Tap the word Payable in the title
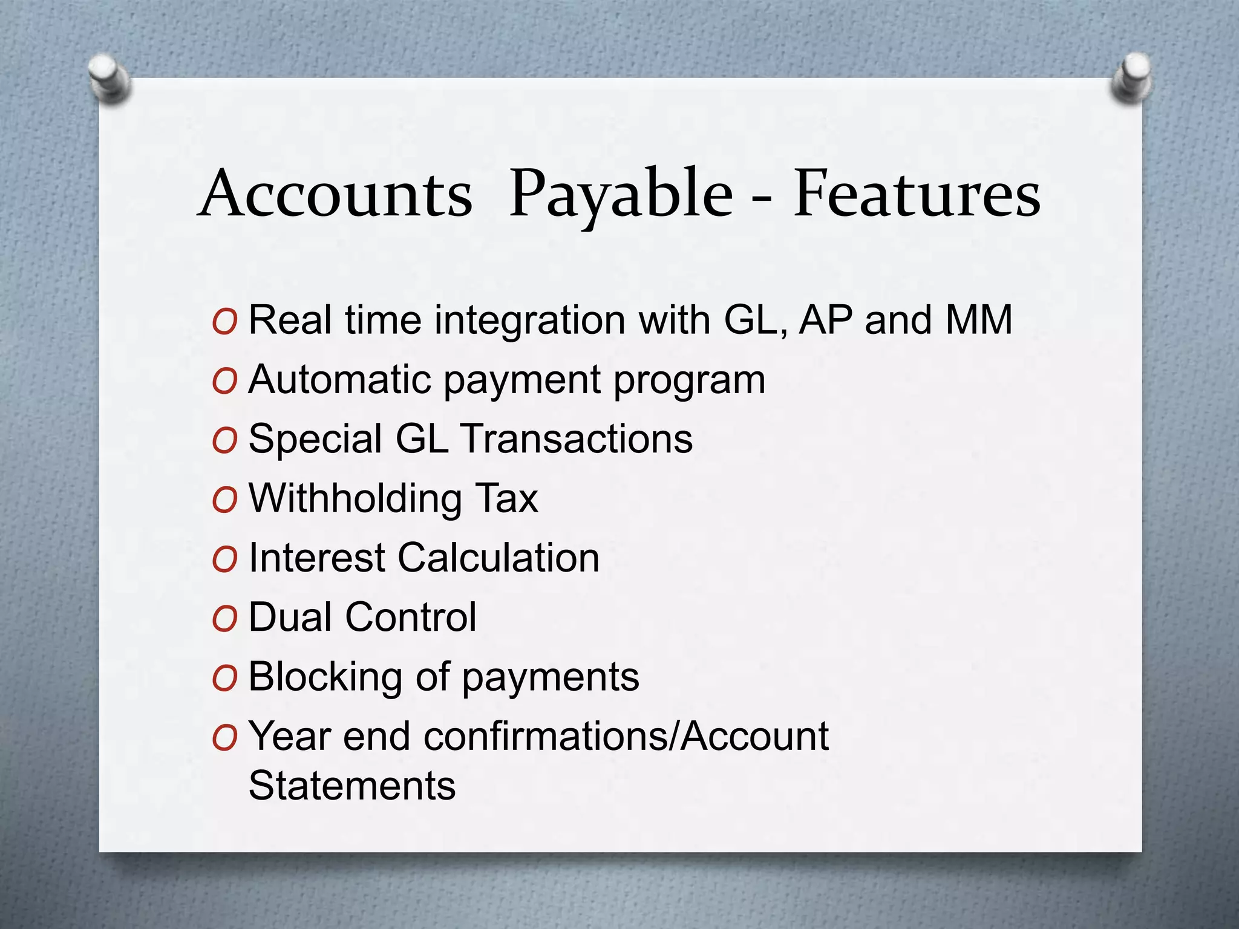click(620, 195)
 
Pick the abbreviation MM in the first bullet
click(978, 320)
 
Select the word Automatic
click(340, 380)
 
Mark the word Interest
click(317, 557)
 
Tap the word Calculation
click(499, 557)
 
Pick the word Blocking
click(325, 677)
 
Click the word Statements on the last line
click(352, 786)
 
